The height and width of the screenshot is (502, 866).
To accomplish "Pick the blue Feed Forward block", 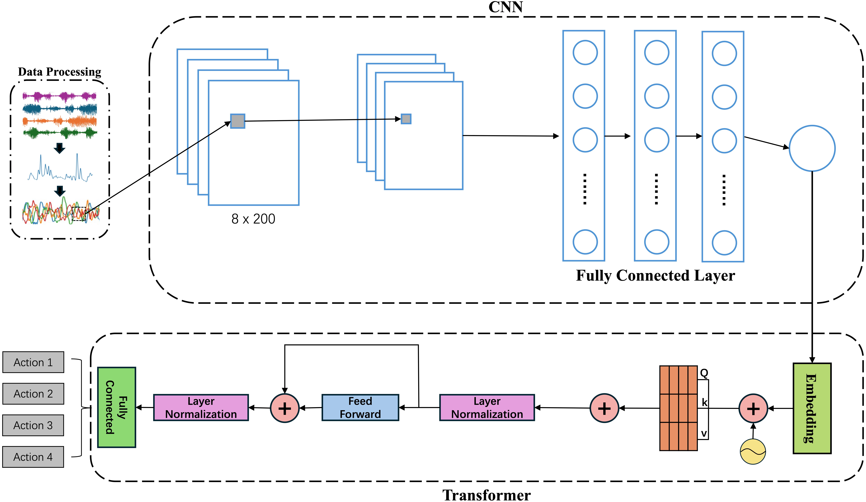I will pyautogui.click(x=360, y=408).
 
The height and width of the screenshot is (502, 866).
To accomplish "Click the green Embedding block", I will pyautogui.click(x=812, y=408).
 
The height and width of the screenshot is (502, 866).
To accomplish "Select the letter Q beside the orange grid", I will pyautogui.click(x=704, y=373).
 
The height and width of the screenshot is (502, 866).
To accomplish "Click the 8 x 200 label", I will pyautogui.click(x=253, y=219).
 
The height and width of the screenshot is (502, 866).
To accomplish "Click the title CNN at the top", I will pyautogui.click(x=505, y=7).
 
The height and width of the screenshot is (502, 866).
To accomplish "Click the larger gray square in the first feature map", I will pyautogui.click(x=237, y=121).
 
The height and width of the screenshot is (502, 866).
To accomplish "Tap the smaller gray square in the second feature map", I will pyautogui.click(x=406, y=119).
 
